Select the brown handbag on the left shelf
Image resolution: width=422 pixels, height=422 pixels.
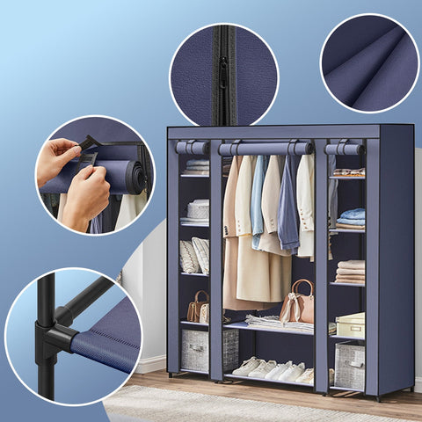pyautogui.click(x=197, y=308)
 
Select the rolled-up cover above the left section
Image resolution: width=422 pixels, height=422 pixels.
pyautogui.click(x=192, y=148)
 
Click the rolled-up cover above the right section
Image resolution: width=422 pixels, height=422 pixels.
pyautogui.click(x=344, y=149)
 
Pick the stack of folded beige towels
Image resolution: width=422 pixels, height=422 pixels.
pyautogui.click(x=350, y=271)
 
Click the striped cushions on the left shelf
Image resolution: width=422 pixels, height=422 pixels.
pyautogui.click(x=194, y=256)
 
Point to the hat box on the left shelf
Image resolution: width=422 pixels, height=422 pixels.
pyautogui.click(x=198, y=209)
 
